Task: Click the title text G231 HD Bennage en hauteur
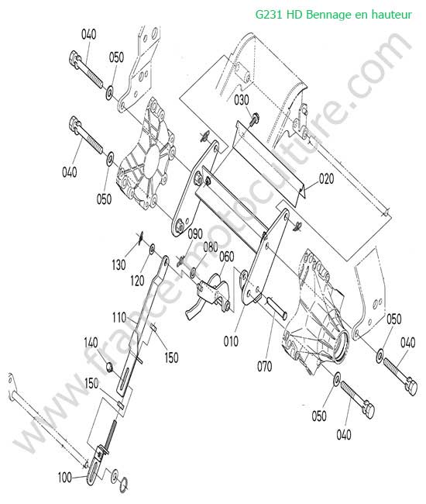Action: pos(334,14)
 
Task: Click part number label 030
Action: pos(242,100)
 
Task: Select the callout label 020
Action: pos(326,178)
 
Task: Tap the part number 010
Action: pos(231,341)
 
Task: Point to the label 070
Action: pos(265,366)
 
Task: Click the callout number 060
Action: pos(227,257)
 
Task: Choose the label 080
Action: pos(211,247)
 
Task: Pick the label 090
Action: pos(195,234)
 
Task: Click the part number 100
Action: pos(65,478)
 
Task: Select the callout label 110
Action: pos(119,318)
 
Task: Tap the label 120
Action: pos(137,281)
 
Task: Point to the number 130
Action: pos(119,265)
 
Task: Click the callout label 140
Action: pos(91,343)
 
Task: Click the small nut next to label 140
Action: pos(110,367)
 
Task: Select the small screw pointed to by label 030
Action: pos(255,119)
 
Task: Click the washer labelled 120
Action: pos(152,248)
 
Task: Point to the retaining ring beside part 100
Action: pos(124,485)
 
